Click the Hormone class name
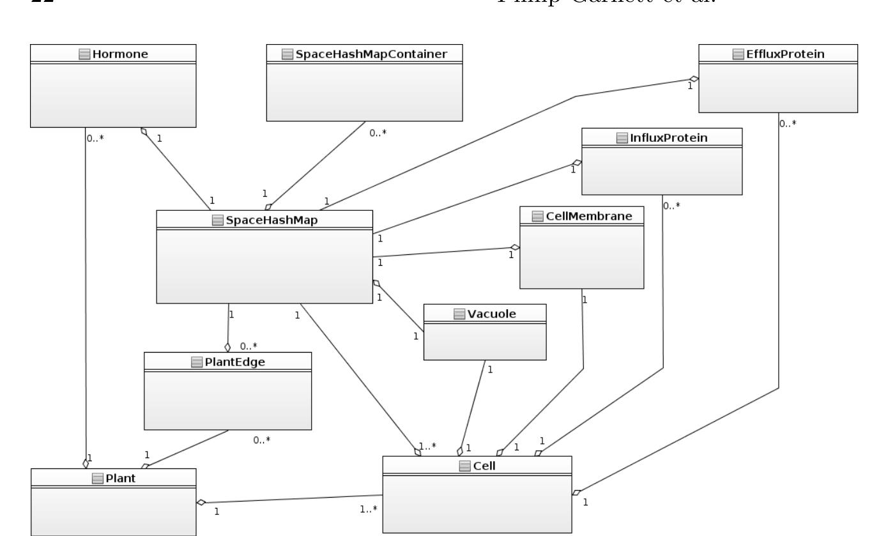click(120, 54)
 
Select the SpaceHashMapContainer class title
click(371, 54)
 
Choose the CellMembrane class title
click(588, 216)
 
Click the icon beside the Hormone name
click(84, 54)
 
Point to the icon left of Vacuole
click(459, 314)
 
